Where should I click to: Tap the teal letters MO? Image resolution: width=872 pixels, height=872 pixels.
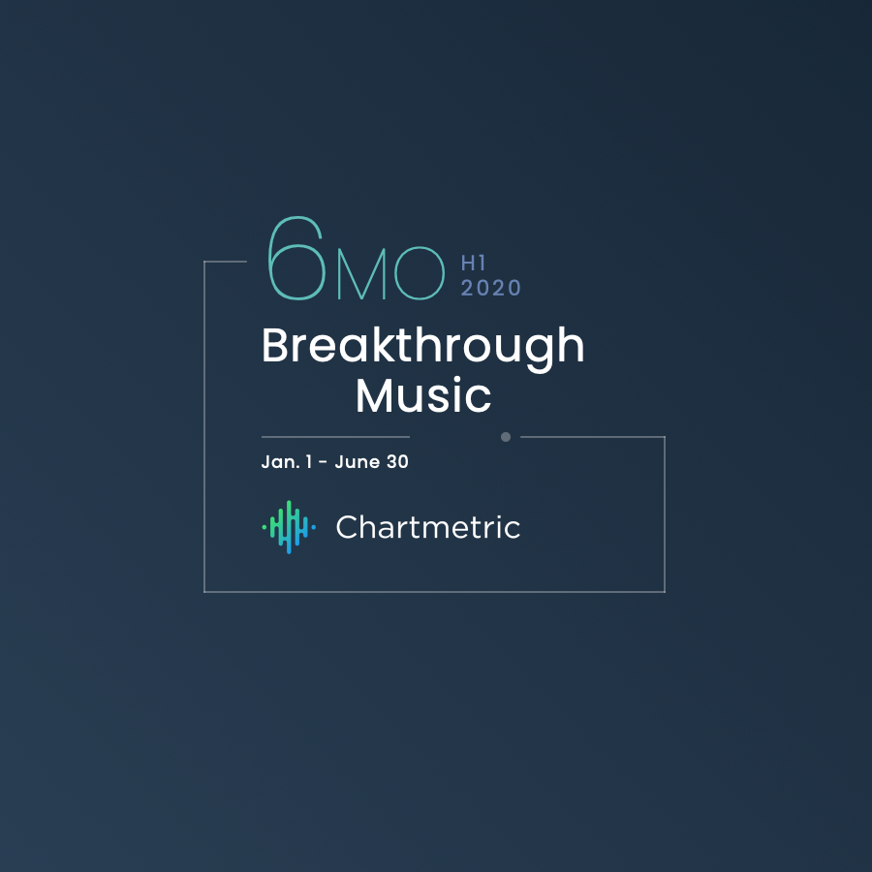coord(390,278)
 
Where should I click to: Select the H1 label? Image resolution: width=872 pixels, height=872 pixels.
coord(473,263)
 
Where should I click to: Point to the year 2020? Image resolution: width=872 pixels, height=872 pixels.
coord(490,288)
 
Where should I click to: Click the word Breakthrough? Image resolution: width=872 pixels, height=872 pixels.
coord(423,347)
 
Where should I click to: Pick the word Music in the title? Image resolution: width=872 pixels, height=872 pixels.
coord(423,395)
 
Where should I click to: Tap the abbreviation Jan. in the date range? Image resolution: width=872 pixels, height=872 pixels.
coord(279,462)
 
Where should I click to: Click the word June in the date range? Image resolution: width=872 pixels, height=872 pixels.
coord(358,462)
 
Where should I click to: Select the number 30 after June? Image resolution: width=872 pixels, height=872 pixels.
coord(397,462)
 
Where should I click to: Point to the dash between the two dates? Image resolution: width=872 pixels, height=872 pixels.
coord(323,463)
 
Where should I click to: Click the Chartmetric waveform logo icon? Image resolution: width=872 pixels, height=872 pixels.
coord(289,527)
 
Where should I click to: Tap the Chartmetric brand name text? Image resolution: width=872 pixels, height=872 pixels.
coord(427,527)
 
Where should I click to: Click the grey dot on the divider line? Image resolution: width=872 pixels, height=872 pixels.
coord(505,437)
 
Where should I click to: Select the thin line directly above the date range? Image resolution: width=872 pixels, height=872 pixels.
coord(334,437)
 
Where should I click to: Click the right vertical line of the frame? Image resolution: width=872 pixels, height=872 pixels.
coord(665,514)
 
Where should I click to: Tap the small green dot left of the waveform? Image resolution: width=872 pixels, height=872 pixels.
coord(265,527)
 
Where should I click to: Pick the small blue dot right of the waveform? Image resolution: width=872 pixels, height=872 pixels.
coord(313,527)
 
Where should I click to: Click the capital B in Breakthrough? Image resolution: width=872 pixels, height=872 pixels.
coord(275,347)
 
